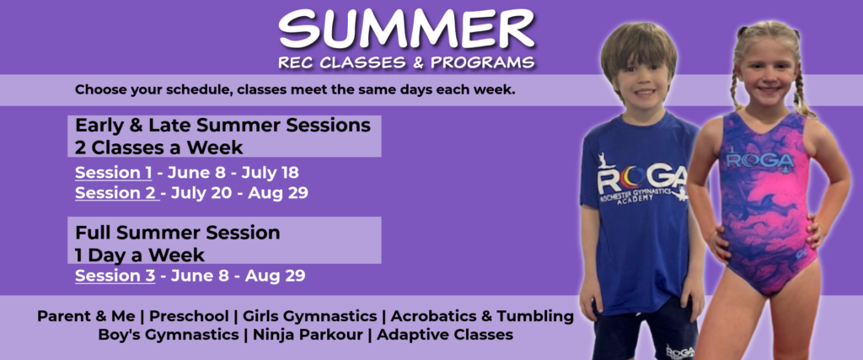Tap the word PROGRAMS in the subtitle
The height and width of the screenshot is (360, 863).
click(x=482, y=62)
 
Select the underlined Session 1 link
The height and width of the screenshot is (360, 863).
click(x=114, y=173)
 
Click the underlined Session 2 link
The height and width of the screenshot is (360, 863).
click(x=117, y=193)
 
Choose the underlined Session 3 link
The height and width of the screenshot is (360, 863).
click(x=115, y=275)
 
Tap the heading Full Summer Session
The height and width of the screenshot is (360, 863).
click(x=178, y=233)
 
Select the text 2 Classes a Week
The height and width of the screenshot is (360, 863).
click(x=159, y=148)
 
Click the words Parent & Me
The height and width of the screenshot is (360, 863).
click(x=86, y=316)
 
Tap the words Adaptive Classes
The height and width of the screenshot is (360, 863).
click(x=445, y=334)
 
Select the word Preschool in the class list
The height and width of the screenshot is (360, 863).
click(x=189, y=316)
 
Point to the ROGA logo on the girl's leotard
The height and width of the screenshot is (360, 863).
click(x=760, y=161)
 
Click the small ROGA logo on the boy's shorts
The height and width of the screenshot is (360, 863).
click(x=679, y=351)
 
